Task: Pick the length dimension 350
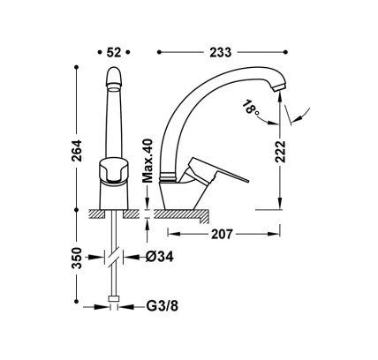coord(78,258)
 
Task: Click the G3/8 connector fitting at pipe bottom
coord(114,309)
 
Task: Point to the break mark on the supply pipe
coord(114,259)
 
